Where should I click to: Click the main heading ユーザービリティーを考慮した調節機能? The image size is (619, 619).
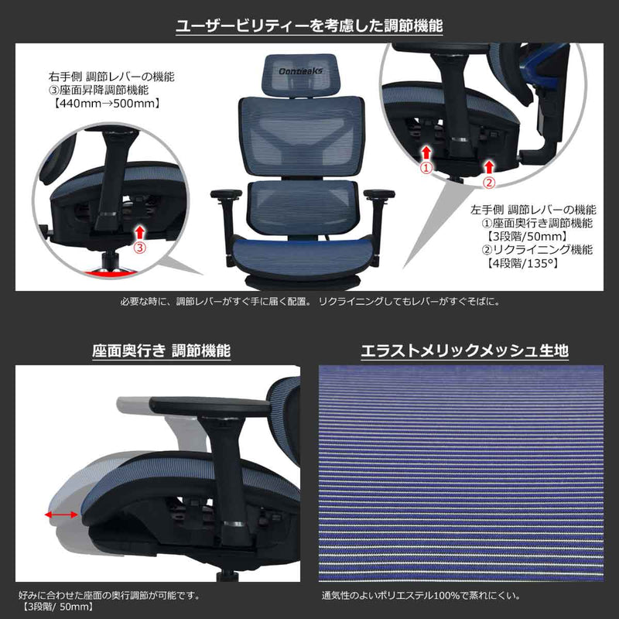(x=309, y=26)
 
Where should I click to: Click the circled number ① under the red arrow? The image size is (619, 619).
(x=425, y=166)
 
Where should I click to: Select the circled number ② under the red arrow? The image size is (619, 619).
(x=488, y=183)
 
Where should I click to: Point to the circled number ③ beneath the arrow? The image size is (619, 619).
(x=139, y=248)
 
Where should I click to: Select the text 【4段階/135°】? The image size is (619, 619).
(x=524, y=263)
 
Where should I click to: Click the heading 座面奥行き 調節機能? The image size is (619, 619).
(x=161, y=351)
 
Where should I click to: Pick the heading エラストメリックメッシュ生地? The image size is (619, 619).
(x=465, y=351)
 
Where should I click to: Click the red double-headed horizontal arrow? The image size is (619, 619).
(x=61, y=514)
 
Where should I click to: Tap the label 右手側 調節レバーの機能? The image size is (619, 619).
(x=111, y=78)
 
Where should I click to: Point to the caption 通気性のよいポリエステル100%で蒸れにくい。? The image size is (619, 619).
(x=420, y=596)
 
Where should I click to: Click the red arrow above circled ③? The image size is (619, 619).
(x=139, y=231)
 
